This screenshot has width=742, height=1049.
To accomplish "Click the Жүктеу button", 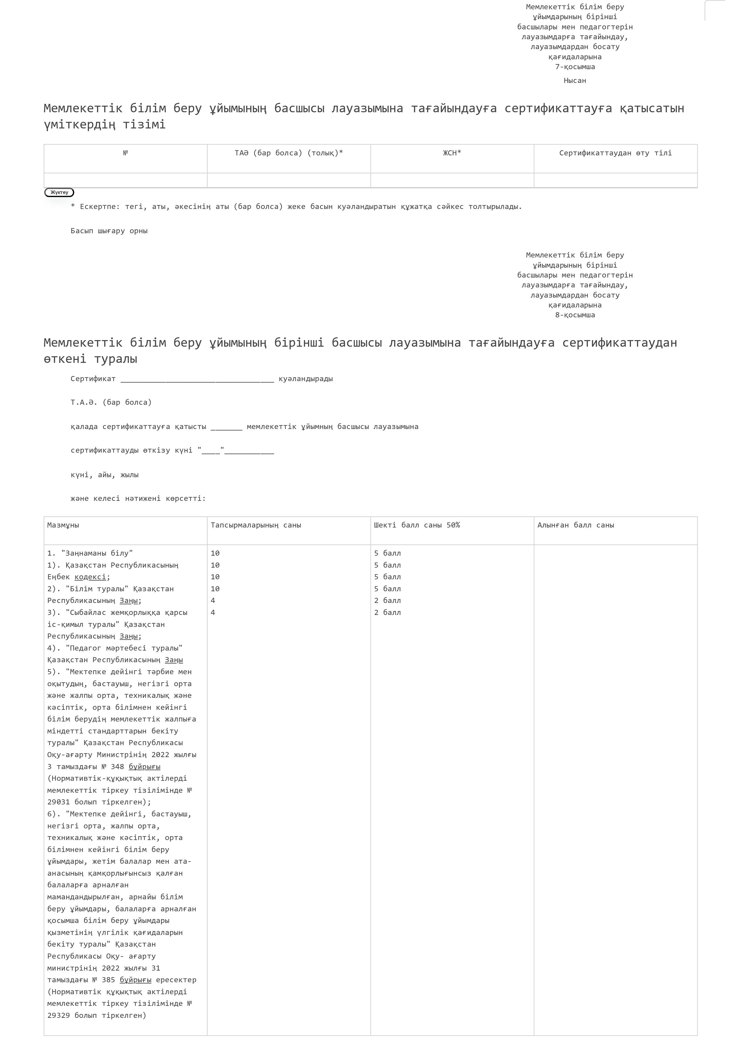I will click(x=59, y=192).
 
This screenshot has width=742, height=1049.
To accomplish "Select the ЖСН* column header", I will click(x=452, y=153).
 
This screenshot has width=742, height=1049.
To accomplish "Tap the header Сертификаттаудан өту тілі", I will click(x=615, y=153).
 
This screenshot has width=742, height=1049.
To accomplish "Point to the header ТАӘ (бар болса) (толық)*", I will click(x=289, y=153).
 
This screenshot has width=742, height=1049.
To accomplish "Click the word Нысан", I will click(x=575, y=81).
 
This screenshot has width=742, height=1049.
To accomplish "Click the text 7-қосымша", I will click(x=575, y=67).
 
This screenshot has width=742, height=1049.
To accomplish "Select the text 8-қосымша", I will click(x=575, y=315).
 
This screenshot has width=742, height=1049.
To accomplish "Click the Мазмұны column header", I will click(x=63, y=525).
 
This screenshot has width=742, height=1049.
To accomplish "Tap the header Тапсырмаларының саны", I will click(x=256, y=525).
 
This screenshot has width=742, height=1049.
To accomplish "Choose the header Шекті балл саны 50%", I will click(x=417, y=525).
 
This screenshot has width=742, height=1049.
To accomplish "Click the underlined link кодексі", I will click(x=90, y=577).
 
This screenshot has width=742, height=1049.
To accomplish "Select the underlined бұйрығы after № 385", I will click(x=135, y=980).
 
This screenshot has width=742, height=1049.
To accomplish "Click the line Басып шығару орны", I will click(x=109, y=231).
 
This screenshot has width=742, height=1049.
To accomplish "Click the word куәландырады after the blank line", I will click(x=306, y=379).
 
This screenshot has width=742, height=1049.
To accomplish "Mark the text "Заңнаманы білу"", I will click(x=97, y=553).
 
